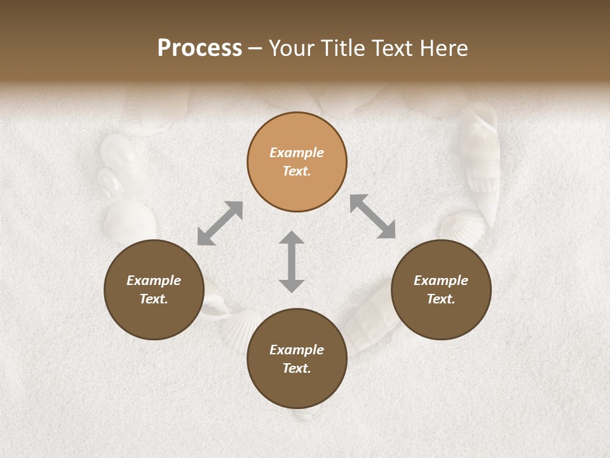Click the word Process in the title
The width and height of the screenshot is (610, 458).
coord(200,48)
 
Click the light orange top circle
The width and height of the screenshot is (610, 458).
coord(297,162)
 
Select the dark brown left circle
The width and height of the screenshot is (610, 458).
coord(154,289)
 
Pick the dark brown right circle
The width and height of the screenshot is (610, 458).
coord(441,289)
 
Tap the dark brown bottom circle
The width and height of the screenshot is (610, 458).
coord(297,359)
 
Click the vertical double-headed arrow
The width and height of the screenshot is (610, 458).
coord(292,261)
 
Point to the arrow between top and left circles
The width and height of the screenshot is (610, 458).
coord(220,223)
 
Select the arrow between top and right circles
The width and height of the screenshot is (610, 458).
coord(372,216)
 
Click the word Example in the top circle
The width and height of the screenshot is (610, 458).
coord(297,153)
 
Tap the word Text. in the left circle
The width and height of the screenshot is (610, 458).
coord(154,299)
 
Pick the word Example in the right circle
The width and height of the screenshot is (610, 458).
coord(441,281)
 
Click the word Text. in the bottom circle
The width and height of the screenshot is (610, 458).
coord(297,368)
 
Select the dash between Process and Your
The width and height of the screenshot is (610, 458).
coord(255,49)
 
